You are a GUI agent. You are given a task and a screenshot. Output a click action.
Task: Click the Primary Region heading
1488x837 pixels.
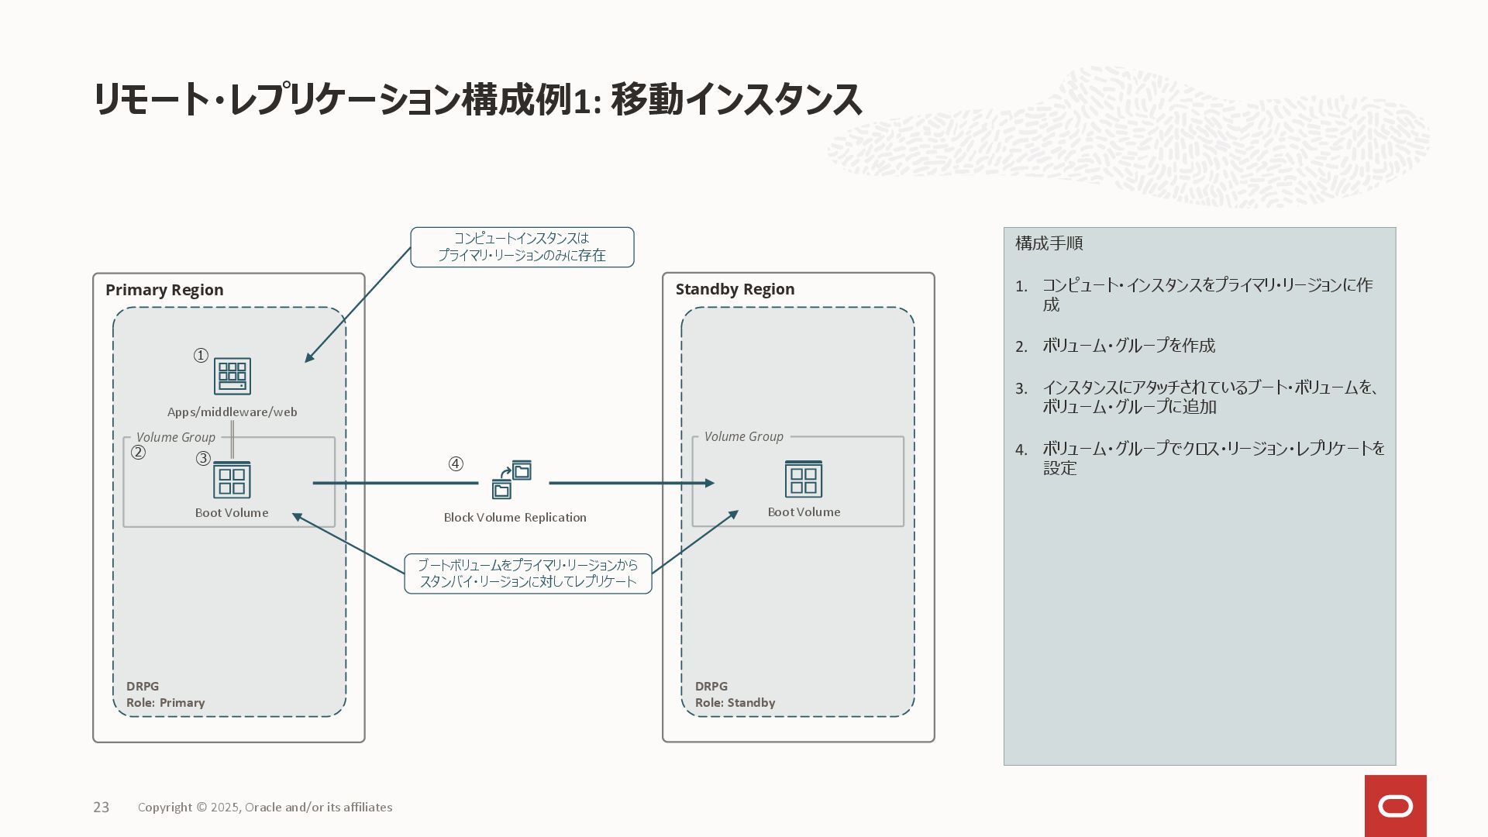164,290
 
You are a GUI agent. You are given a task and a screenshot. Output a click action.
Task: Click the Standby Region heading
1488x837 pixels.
735,289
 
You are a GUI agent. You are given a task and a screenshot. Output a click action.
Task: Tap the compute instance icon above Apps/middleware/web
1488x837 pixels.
232,377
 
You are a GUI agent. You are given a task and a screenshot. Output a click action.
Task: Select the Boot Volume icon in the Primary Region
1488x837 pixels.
232,480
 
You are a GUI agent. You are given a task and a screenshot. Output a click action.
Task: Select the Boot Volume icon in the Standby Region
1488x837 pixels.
804,479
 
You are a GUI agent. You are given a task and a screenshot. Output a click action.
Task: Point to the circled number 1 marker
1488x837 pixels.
201,356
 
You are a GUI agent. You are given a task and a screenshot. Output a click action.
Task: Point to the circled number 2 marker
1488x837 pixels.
138,453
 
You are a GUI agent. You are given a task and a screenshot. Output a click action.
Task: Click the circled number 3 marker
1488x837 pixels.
203,459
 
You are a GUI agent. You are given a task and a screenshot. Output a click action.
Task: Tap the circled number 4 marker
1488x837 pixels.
456,464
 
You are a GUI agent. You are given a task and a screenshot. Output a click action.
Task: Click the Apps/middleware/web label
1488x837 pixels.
232,412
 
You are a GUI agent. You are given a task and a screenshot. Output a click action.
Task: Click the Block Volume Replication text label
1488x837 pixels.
515,518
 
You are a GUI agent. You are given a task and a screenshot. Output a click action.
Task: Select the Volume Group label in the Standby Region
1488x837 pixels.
743,436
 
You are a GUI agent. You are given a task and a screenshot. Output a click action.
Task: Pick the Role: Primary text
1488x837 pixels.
165,703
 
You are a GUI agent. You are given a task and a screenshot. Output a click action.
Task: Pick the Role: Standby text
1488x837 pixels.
735,703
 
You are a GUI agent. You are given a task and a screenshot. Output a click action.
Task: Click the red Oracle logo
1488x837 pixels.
1395,806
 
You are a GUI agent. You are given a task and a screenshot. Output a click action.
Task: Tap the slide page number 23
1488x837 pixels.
102,808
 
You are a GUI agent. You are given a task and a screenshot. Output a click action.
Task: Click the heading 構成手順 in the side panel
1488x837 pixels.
1049,243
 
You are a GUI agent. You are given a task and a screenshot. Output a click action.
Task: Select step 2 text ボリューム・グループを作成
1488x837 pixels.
1128,346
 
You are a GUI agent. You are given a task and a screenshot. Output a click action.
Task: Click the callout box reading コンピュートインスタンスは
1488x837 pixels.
522,247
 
